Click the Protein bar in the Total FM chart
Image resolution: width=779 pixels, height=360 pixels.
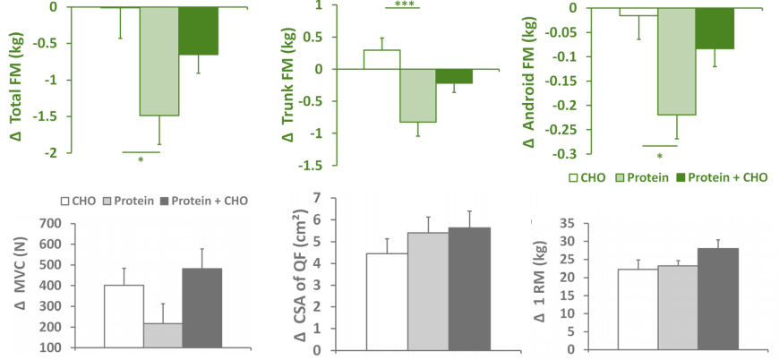point(158,61)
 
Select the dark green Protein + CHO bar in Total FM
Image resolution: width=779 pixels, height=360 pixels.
point(198,31)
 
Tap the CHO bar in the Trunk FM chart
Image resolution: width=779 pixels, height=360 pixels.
point(381,59)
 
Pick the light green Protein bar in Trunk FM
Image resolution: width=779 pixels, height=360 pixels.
point(417,95)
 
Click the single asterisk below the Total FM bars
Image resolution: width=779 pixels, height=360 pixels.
point(141,160)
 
